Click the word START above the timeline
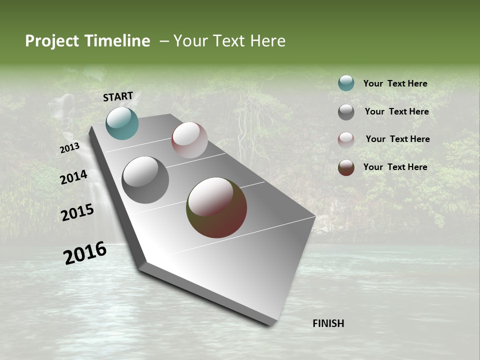118,96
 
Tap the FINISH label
328,323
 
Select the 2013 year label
70,148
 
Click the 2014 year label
74,177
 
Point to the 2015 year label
77,212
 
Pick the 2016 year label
85,253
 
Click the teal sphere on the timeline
122,123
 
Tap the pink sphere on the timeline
189,140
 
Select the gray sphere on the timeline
145,180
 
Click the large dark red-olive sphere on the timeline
216,207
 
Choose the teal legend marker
346,83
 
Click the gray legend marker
346,112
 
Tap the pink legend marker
346,140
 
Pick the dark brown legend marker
346,167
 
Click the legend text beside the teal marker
395,83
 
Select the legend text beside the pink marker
397,139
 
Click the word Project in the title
52,41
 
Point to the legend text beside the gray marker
396,111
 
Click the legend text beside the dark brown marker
395,167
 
